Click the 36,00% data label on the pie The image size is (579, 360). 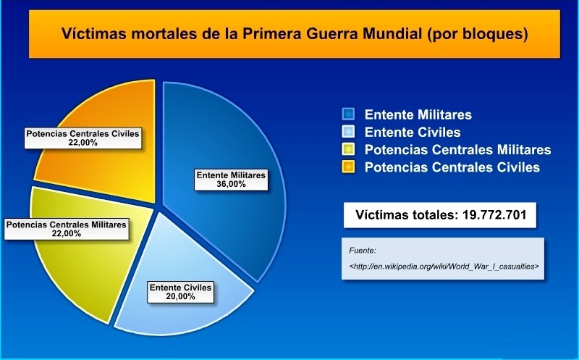[x=232, y=184]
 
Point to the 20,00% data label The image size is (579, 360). [x=180, y=297]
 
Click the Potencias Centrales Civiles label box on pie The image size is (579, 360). [x=83, y=138]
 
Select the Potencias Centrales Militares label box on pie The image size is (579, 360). [x=67, y=230]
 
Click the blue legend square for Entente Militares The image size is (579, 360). [x=349, y=114]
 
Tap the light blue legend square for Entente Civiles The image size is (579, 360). [x=349, y=132]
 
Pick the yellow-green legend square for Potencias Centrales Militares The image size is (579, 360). [x=349, y=150]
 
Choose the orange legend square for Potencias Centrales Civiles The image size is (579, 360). [x=349, y=167]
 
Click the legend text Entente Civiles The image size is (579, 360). [x=413, y=132]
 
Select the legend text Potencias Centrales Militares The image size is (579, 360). [x=457, y=150]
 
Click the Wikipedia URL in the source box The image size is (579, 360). [x=444, y=267]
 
